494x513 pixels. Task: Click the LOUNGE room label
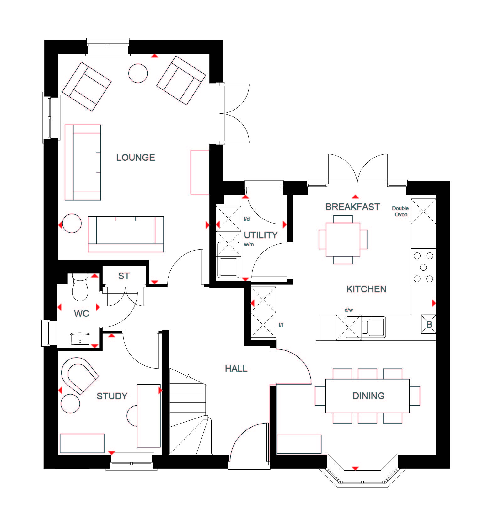click(x=136, y=157)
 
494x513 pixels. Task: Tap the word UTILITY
click(x=261, y=235)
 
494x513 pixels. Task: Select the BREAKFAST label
click(x=353, y=207)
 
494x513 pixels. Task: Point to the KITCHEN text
click(x=366, y=289)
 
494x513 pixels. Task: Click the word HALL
click(x=236, y=368)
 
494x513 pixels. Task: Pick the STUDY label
click(x=112, y=396)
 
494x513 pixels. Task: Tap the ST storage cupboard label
click(x=124, y=276)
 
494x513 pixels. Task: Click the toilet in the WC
click(x=80, y=287)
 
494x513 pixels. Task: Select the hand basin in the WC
click(x=80, y=340)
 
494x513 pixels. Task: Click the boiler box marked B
click(x=429, y=324)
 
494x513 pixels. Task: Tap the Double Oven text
click(x=400, y=211)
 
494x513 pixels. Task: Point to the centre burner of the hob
click(x=423, y=267)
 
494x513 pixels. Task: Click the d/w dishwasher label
click(x=349, y=310)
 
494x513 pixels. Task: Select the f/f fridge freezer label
click(x=281, y=325)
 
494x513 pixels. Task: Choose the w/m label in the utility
click(x=249, y=244)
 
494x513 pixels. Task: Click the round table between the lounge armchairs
click(x=138, y=73)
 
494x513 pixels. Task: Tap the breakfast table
click(x=343, y=240)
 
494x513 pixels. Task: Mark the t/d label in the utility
click(x=247, y=219)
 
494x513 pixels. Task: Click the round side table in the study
click(x=70, y=404)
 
